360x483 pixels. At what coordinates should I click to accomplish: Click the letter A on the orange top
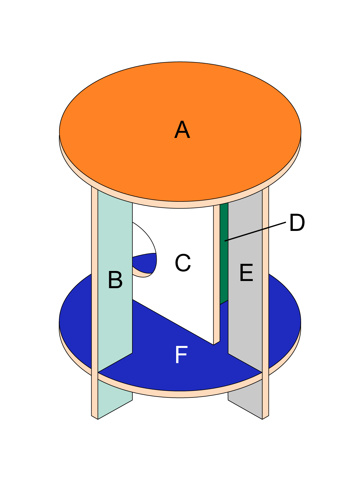tap(182, 130)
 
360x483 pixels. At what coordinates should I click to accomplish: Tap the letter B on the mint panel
tap(115, 280)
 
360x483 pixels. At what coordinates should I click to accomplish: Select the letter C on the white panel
tap(183, 263)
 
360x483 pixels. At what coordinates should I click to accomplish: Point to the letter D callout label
tap(297, 223)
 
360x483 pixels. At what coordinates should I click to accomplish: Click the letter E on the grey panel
tap(246, 273)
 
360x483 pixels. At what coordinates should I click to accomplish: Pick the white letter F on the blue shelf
tap(181, 355)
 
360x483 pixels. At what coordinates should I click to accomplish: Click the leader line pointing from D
tap(254, 231)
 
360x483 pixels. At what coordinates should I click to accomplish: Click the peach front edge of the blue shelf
tap(180, 394)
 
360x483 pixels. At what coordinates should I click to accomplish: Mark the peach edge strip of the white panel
tap(217, 272)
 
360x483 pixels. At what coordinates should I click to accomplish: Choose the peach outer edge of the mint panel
tap(94, 286)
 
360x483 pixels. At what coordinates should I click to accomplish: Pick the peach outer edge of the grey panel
tap(266, 286)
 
